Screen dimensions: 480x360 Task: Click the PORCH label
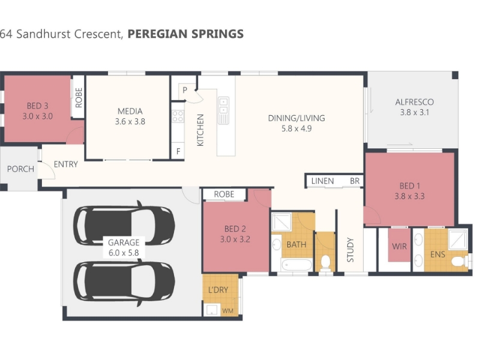click(x=20, y=169)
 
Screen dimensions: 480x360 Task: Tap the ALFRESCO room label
click(x=415, y=102)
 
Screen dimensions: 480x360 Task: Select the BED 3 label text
click(x=38, y=106)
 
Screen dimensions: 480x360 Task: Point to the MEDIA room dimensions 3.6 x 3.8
click(x=130, y=122)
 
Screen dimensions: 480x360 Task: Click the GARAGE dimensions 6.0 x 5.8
click(x=124, y=253)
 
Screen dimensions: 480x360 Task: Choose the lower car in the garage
click(x=124, y=282)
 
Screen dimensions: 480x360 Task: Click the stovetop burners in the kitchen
click(x=178, y=116)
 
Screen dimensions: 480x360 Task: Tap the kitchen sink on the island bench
click(x=223, y=110)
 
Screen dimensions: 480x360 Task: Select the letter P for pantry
click(x=185, y=90)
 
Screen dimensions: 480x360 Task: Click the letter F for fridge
click(x=178, y=151)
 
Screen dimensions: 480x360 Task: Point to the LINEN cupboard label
click(x=323, y=181)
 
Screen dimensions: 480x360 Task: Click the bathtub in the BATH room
click(x=297, y=265)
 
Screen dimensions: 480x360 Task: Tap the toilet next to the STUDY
click(x=325, y=262)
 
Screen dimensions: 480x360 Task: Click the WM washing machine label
click(x=228, y=311)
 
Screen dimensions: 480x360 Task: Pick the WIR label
click(x=399, y=247)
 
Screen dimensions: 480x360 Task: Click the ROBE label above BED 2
click(x=224, y=194)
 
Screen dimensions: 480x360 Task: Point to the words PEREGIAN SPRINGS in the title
click(x=185, y=34)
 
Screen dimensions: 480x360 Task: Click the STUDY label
click(x=350, y=250)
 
